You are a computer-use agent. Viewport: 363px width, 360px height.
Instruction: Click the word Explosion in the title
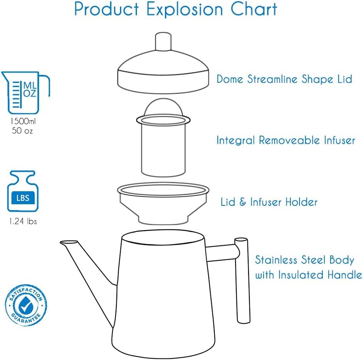click(x=175, y=9)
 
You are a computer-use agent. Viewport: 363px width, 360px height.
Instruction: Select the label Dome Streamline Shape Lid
click(x=284, y=79)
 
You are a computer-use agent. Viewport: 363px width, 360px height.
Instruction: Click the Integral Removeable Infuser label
click(x=286, y=140)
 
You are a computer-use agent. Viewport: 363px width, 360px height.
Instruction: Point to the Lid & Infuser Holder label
click(x=269, y=202)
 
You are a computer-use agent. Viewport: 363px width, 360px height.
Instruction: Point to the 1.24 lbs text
click(x=23, y=222)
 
